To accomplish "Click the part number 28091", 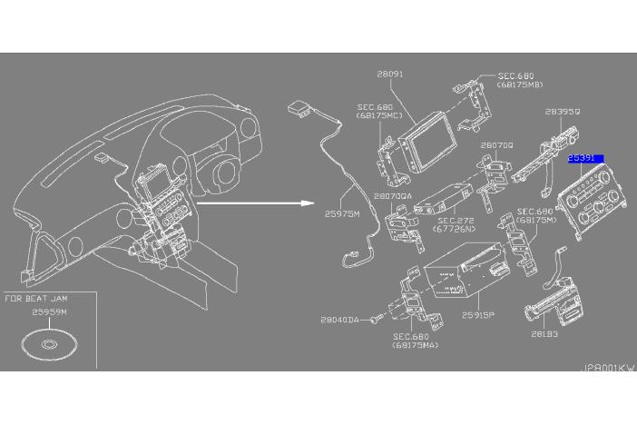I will [391, 74].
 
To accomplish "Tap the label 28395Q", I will [563, 114].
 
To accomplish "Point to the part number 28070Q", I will [497, 145].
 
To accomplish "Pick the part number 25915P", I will [477, 315].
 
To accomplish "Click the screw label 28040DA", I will [341, 320].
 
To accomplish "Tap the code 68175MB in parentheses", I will [519, 85].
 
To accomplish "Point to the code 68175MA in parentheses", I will [414, 345].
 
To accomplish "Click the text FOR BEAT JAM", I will [36, 298].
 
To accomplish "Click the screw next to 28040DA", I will [375, 320].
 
